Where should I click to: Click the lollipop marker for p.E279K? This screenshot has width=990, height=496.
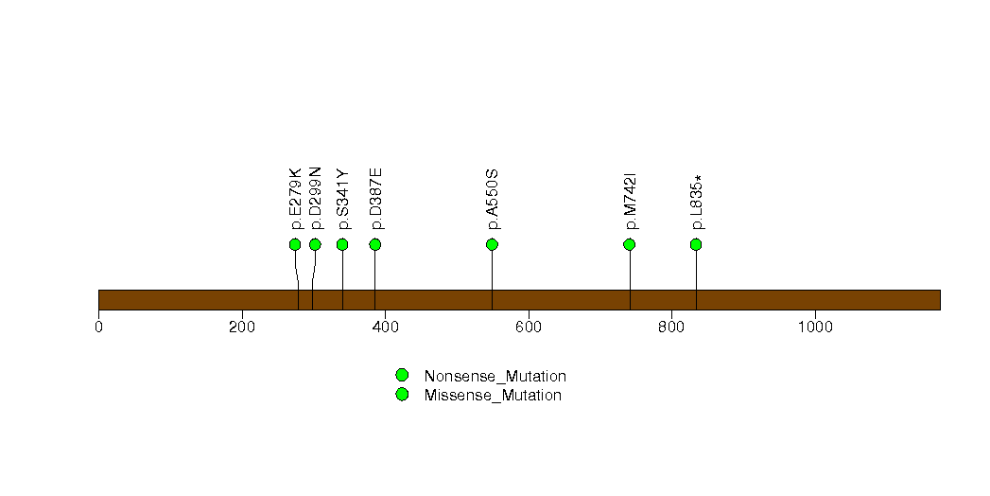(295, 244)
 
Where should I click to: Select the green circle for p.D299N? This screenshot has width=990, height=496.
(315, 244)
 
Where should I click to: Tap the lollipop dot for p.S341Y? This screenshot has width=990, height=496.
(342, 244)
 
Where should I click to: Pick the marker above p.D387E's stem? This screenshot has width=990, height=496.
(375, 244)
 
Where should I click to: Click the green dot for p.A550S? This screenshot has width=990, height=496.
(493, 244)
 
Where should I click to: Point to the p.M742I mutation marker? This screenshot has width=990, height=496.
(629, 244)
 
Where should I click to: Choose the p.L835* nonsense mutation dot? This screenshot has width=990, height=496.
(696, 244)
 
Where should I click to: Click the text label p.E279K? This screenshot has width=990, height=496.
(295, 199)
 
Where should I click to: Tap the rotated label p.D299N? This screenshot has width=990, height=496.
(316, 199)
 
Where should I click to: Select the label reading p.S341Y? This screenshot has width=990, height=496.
(343, 199)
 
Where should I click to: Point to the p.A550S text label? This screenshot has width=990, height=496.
(493, 199)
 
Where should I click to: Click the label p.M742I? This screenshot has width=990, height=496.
(630, 201)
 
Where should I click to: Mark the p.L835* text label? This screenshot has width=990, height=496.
(697, 203)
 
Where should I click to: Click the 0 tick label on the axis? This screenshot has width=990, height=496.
(98, 327)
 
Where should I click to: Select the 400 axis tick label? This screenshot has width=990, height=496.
(385, 327)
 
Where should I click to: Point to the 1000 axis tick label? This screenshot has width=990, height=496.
(815, 327)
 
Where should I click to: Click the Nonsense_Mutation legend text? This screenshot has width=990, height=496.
(495, 376)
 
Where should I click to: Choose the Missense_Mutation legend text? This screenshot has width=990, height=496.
(493, 395)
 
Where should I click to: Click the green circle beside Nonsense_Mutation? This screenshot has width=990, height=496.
(402, 376)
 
